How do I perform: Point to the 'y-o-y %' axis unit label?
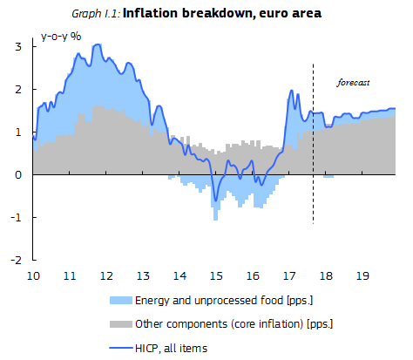point(61,38)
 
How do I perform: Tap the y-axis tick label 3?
point(19,45)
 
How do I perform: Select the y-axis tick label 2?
point(19,89)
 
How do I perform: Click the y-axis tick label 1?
point(19,132)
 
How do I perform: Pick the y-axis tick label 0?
point(19,174)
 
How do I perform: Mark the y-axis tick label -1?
point(17,217)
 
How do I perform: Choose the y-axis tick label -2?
point(17,260)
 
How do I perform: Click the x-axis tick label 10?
point(33,275)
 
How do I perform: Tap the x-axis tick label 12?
point(105,275)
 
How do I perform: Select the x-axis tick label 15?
point(214,275)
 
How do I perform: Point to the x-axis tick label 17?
point(287,275)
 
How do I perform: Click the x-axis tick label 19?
point(359,275)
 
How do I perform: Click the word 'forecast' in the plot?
point(354,83)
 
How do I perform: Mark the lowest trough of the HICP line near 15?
point(215,200)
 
